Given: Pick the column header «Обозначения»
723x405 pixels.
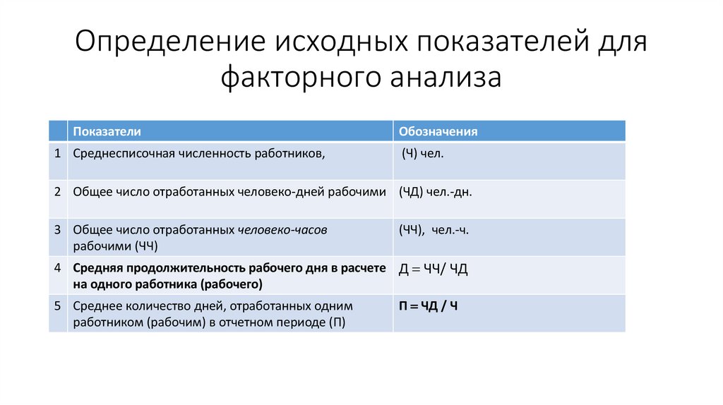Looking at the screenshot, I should (x=438, y=131).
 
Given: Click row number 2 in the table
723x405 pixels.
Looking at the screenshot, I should (x=56, y=191).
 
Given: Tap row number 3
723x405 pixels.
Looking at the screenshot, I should (x=56, y=229).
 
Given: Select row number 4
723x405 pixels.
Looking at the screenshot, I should (x=56, y=268).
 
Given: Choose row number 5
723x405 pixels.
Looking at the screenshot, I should (x=56, y=306).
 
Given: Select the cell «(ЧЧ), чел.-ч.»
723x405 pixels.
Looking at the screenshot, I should (x=435, y=229).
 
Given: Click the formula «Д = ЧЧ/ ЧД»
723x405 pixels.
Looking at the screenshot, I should (x=434, y=269).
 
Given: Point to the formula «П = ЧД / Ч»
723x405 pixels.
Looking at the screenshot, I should (x=429, y=306).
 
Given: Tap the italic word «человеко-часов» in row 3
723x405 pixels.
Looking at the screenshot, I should (x=282, y=229).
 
